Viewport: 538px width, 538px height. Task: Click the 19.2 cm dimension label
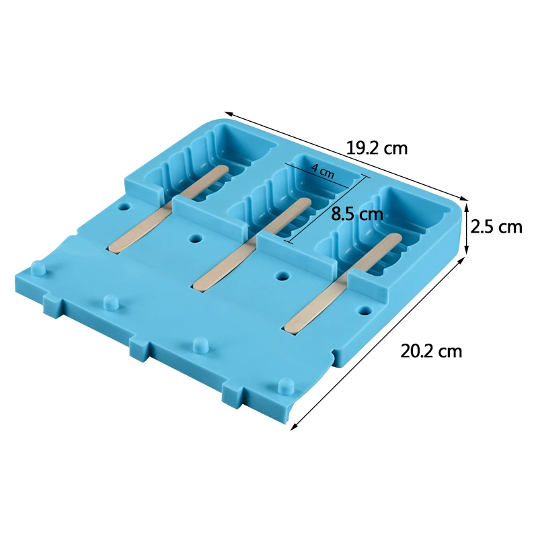[377, 149]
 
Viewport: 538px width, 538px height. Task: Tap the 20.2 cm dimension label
[431, 351]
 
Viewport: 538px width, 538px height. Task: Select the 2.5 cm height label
[496, 227]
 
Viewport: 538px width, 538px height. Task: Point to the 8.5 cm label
[357, 215]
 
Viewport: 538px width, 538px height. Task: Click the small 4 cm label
[323, 171]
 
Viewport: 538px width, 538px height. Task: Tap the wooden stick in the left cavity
[169, 209]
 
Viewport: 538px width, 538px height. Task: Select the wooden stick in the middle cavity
[253, 244]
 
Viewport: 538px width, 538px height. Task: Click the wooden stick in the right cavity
[344, 283]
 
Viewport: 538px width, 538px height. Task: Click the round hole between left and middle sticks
[196, 238]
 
